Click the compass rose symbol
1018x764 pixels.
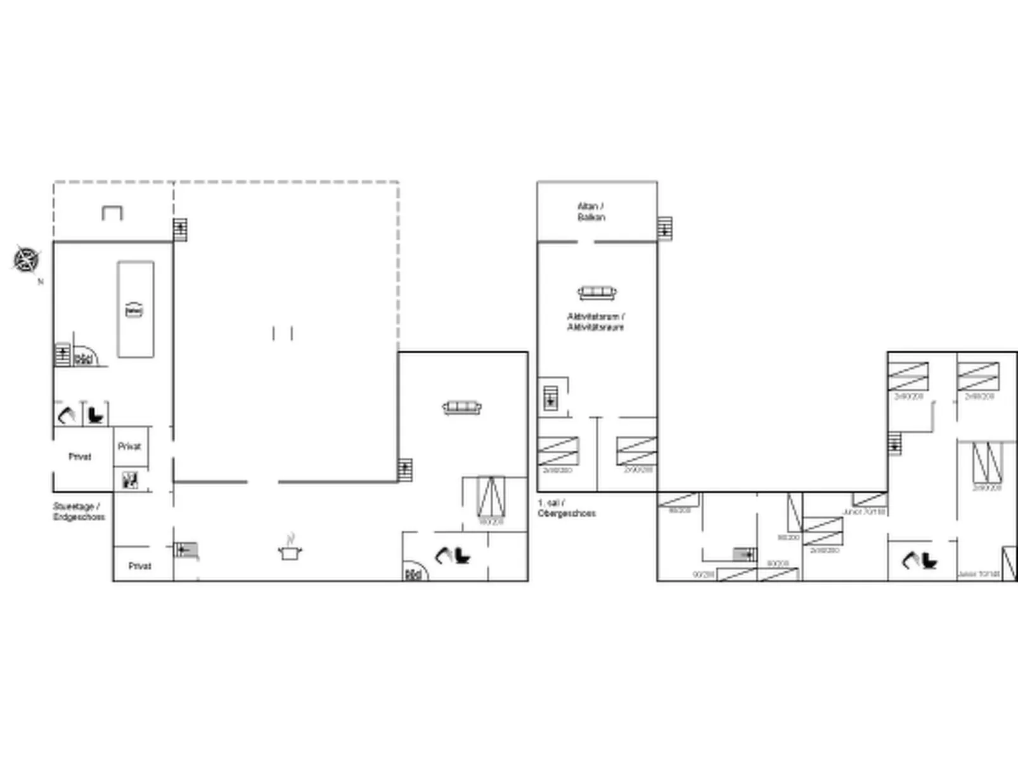[26, 259]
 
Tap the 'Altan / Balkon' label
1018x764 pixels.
[591, 212]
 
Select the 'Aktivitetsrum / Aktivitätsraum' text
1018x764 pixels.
[595, 321]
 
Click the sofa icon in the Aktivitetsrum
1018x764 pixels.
[596, 292]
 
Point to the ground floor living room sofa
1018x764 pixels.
[461, 407]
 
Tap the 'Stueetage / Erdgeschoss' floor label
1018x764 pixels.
[78, 512]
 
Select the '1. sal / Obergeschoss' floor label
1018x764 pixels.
[566, 508]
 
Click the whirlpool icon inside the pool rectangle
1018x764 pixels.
[134, 310]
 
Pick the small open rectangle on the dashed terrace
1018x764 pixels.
[112, 213]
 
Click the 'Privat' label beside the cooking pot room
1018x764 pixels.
[139, 566]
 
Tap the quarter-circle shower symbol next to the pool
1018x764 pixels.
[84, 358]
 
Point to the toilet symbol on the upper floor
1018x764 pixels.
[928, 560]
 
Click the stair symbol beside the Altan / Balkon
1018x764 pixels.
[664, 229]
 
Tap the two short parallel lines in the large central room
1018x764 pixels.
[282, 333]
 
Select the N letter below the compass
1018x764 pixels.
[41, 282]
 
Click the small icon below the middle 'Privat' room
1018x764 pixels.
[130, 480]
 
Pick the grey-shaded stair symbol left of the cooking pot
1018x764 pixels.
[186, 550]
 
